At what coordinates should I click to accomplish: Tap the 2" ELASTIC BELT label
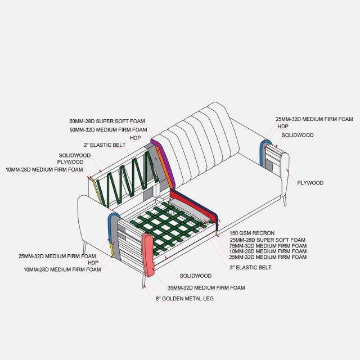click(104, 145)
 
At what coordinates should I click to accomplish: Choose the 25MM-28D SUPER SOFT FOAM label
click(267, 240)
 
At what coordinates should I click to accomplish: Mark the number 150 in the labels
click(235, 232)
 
